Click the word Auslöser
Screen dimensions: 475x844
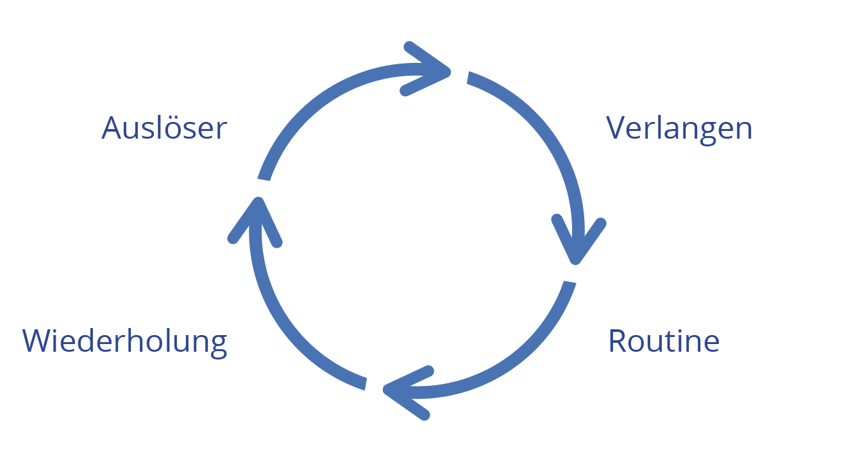(164, 128)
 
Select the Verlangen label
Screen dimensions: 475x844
(679, 128)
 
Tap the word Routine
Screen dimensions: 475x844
(664, 341)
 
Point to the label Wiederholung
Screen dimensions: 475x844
(125, 341)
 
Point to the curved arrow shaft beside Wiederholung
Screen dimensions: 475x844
(282, 334)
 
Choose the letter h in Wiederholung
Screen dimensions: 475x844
(138, 341)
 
